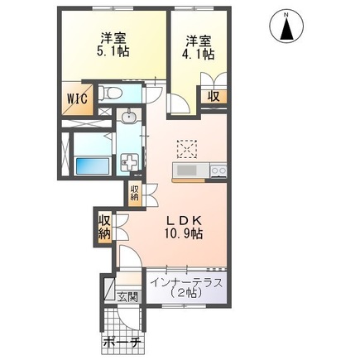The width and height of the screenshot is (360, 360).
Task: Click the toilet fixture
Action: (x=114, y=91)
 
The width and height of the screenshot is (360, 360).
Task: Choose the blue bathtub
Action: (x=89, y=164)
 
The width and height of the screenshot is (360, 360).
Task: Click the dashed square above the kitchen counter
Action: (x=187, y=148)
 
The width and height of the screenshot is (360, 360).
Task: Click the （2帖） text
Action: (x=187, y=295)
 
